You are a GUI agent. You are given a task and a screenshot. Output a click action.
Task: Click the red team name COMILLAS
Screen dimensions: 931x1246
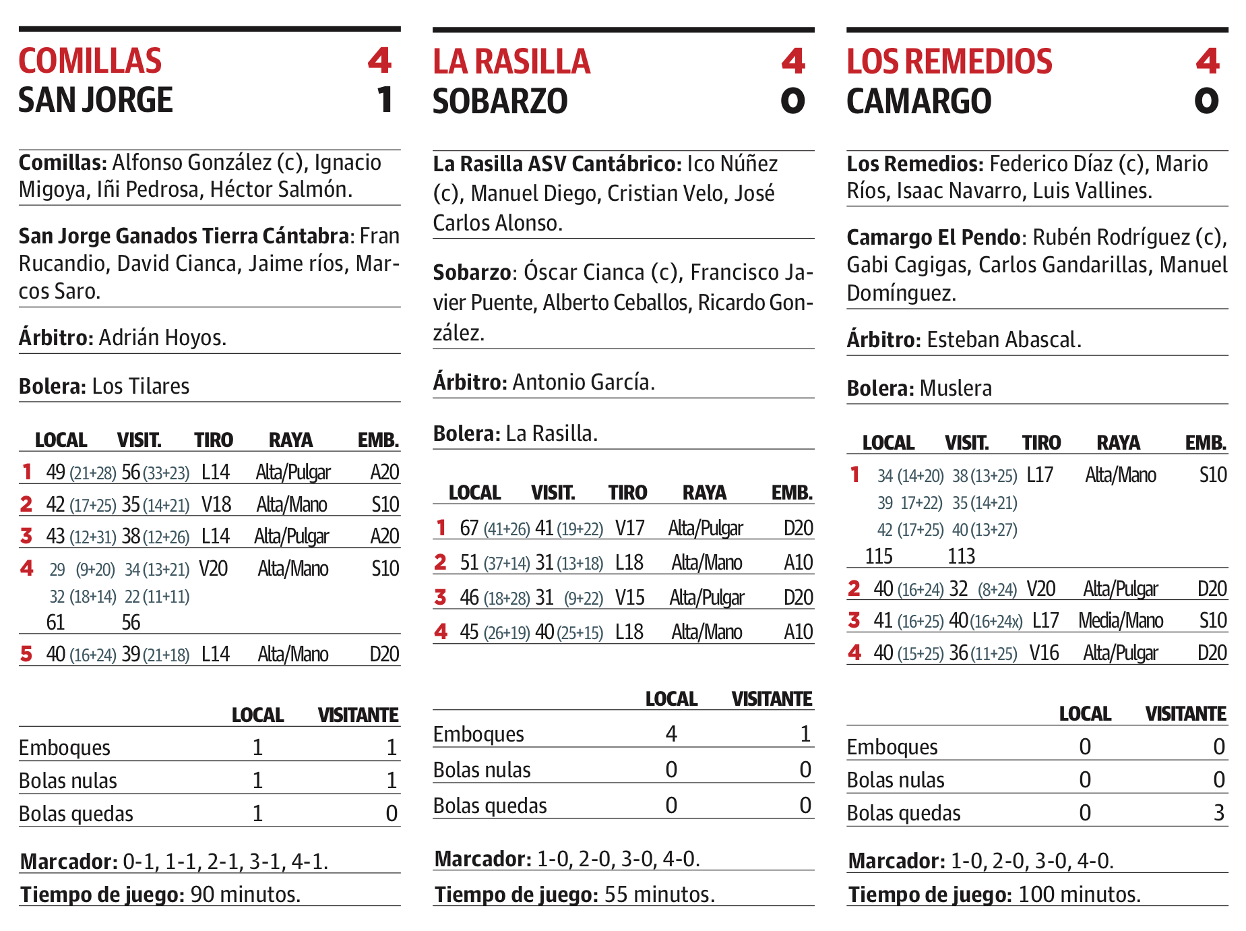(x=90, y=61)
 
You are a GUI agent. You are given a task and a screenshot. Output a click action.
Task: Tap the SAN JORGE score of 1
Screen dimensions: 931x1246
(x=384, y=100)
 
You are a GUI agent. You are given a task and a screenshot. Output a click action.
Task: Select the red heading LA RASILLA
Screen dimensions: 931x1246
(x=511, y=62)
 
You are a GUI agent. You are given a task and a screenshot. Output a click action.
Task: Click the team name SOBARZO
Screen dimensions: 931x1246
(x=500, y=102)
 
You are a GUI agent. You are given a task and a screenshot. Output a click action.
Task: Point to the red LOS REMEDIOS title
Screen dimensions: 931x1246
(x=949, y=62)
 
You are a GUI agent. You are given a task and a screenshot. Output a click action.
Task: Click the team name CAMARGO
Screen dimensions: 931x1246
(x=918, y=102)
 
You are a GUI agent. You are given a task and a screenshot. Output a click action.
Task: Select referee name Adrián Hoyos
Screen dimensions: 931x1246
(x=162, y=337)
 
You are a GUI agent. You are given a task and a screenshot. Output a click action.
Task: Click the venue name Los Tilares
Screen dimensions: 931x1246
(x=140, y=386)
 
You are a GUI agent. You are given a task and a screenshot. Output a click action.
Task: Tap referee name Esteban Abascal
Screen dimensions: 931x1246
(x=1003, y=340)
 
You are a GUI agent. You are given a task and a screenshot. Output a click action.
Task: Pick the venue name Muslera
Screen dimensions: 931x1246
(x=956, y=389)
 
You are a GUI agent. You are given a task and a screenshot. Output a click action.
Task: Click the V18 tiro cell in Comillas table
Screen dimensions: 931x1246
(x=216, y=504)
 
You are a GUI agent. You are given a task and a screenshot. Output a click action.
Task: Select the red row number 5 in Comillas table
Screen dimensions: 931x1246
(x=26, y=654)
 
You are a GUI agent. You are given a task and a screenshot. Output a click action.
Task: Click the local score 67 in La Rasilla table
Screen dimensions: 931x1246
(x=469, y=528)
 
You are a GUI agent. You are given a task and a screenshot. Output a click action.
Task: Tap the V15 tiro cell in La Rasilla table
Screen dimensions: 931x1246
(x=629, y=597)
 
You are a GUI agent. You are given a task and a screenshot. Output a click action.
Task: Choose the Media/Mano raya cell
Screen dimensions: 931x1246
(x=1120, y=620)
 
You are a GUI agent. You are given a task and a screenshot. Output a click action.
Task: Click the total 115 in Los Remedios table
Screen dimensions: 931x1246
(x=879, y=556)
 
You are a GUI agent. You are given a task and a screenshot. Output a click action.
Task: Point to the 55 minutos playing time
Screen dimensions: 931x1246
(x=659, y=895)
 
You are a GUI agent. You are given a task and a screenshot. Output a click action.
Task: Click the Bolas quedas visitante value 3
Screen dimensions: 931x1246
(x=1218, y=813)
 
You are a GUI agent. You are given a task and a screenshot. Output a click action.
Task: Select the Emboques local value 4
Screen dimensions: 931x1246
(x=671, y=733)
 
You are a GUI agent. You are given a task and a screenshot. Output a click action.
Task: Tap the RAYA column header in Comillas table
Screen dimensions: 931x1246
(x=290, y=440)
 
